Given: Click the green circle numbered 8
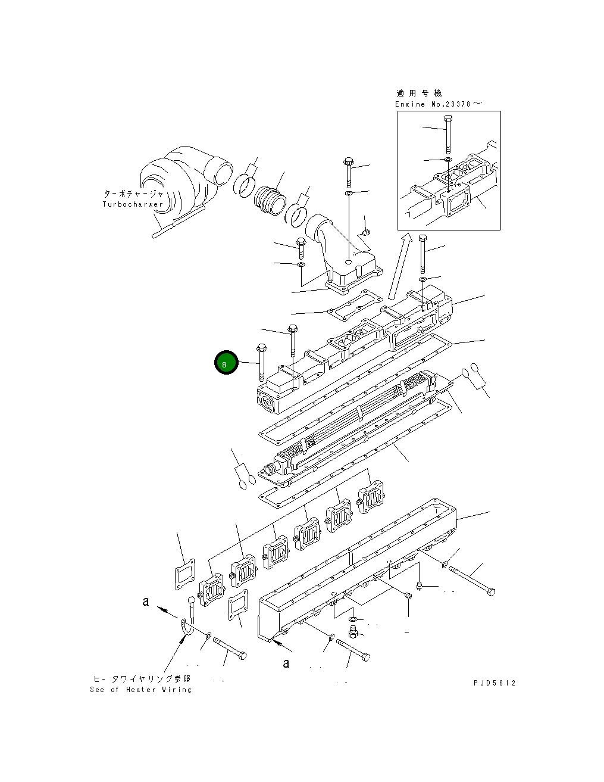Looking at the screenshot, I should [226, 362].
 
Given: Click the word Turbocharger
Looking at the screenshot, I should [132, 204].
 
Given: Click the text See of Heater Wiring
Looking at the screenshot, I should [141, 690].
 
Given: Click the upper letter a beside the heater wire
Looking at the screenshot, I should [146, 602].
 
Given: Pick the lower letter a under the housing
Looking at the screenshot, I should [286, 663].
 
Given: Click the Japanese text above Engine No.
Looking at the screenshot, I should [419, 94].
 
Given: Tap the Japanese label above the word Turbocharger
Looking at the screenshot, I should [133, 194].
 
